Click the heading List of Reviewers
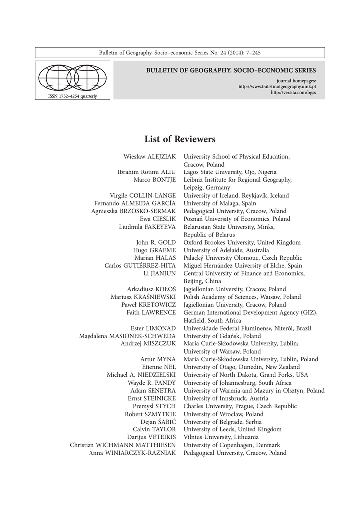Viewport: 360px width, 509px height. point(180,139)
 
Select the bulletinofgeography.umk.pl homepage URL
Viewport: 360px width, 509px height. point(277,86)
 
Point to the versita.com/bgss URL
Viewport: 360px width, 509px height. point(294,92)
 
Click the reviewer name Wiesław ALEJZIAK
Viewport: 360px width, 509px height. point(150,157)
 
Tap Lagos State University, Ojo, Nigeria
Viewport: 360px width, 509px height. point(230,172)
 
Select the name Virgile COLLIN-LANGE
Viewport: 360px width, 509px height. point(143,196)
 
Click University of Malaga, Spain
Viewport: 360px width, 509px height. point(220,203)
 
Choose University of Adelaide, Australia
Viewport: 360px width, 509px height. point(226,250)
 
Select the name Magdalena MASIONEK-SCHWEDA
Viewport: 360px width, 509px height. point(127,336)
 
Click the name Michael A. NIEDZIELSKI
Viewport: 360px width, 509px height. point(141,375)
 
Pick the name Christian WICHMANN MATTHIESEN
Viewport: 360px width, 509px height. point(123,445)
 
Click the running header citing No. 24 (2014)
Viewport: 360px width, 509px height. point(180,53)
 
